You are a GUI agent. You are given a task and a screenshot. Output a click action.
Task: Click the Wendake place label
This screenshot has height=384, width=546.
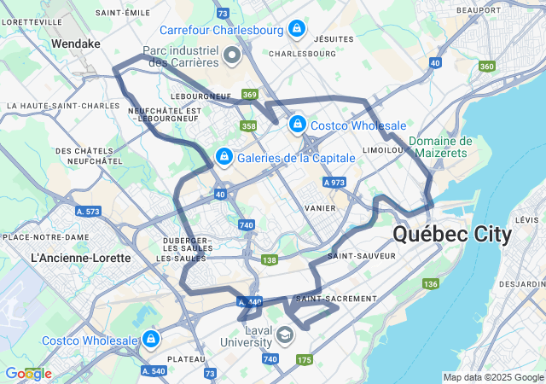[x=75, y=43]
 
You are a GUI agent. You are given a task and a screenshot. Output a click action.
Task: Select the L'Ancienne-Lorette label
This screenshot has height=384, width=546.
[x=80, y=257]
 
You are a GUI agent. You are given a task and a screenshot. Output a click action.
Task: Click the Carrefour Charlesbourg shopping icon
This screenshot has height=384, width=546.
[x=296, y=28]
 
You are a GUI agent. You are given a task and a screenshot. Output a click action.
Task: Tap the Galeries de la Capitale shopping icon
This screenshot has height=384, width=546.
[x=224, y=157]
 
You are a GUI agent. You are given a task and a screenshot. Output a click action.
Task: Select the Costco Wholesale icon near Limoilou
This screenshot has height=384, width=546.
[x=297, y=125]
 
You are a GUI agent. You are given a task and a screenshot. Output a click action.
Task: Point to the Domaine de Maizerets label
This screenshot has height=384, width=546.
[x=439, y=148]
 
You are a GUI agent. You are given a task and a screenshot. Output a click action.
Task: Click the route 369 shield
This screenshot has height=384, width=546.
[x=249, y=95]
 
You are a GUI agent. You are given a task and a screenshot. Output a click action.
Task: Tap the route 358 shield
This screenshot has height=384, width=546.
[x=248, y=126]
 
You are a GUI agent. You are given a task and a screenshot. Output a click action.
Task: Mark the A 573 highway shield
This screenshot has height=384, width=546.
[x=88, y=211]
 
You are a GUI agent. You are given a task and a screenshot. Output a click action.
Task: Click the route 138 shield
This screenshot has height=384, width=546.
[x=270, y=260]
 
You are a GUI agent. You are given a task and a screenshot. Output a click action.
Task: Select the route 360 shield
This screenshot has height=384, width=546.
[x=486, y=67]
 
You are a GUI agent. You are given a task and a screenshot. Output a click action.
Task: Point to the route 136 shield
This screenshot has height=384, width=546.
[x=431, y=283]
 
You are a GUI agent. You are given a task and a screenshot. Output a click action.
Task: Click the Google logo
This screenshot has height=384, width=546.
[x=28, y=374]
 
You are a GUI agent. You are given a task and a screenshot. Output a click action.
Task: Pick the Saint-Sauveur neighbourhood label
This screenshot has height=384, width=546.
[x=361, y=255]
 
